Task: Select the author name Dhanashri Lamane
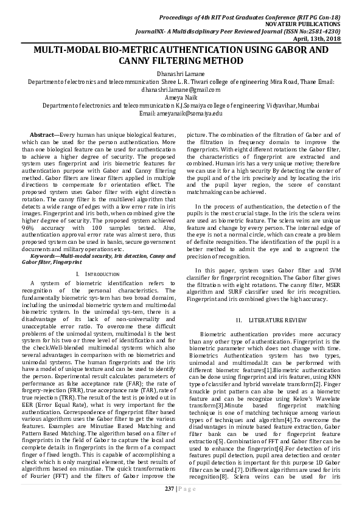click(x=182, y=73)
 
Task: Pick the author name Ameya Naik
click(x=182, y=97)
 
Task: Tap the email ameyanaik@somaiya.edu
click(x=182, y=113)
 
